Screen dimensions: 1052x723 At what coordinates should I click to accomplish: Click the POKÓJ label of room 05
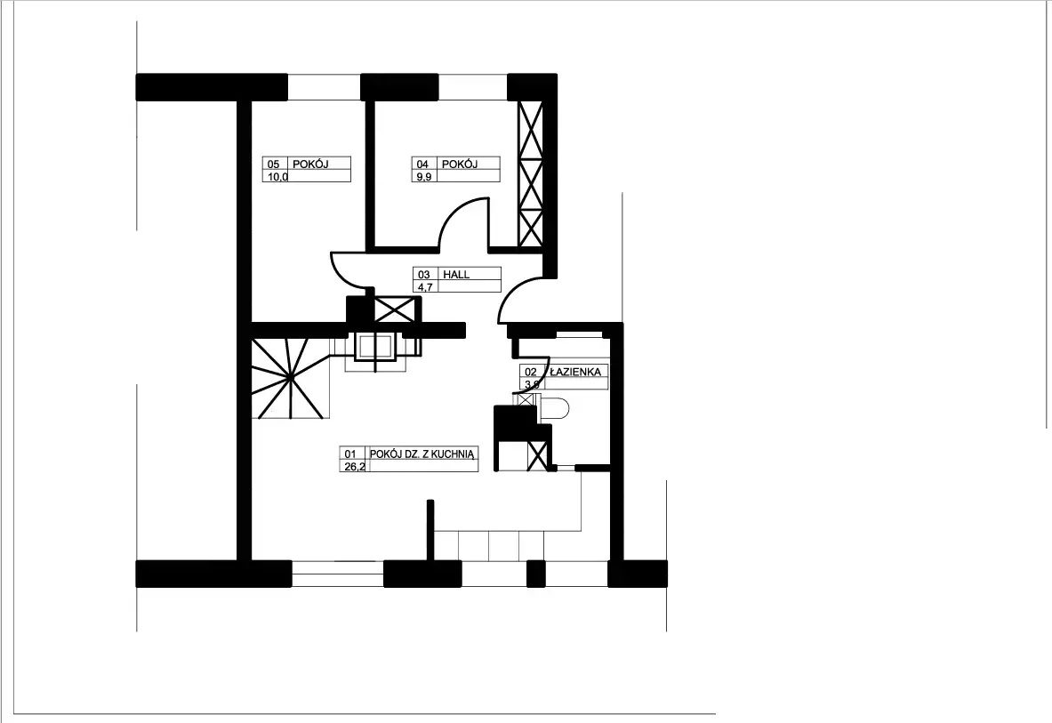click(x=310, y=164)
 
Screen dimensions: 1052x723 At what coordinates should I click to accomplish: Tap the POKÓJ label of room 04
click(x=460, y=164)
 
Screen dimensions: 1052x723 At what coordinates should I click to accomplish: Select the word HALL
click(x=456, y=274)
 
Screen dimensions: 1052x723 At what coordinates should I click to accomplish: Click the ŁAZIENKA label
click(x=575, y=371)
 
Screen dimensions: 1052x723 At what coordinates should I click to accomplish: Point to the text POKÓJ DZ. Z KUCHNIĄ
click(x=422, y=454)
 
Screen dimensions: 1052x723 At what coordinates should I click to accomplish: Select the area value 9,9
click(x=424, y=177)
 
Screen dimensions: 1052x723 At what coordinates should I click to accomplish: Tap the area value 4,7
click(x=425, y=287)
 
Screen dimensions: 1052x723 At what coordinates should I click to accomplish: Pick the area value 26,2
click(x=355, y=467)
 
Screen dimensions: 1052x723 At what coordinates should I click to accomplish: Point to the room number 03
click(x=424, y=274)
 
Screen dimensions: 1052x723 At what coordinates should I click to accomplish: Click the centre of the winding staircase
click(x=290, y=378)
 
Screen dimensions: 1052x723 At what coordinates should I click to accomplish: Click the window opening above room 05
click(x=325, y=87)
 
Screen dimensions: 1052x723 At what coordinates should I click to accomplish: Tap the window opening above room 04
click(x=472, y=87)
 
